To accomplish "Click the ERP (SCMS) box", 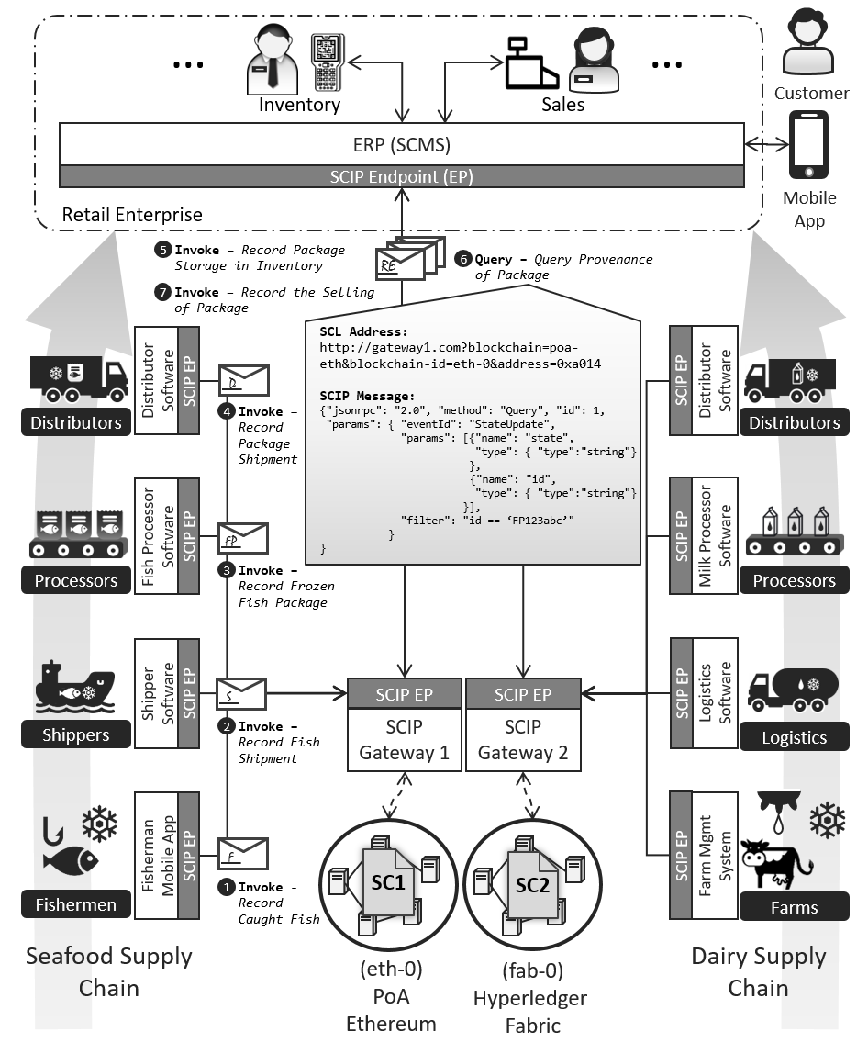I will (401, 145).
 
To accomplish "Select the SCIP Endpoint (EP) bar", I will (401, 176).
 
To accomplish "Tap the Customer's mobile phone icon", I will (808, 145).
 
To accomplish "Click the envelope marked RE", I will (402, 263).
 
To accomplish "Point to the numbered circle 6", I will (463, 259).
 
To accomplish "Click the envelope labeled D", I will (243, 379).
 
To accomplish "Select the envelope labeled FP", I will (243, 538).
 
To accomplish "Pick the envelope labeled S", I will (240, 693).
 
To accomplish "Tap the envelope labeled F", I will (243, 853).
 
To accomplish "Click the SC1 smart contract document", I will (387, 881).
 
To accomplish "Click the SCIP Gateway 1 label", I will (404, 740).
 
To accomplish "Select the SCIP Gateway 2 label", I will (522, 740).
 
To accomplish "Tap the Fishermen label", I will (76, 904).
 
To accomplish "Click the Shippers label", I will (76, 734).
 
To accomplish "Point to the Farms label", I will (794, 907).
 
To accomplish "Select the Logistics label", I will (794, 737).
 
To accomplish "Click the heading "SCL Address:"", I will (363, 331).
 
